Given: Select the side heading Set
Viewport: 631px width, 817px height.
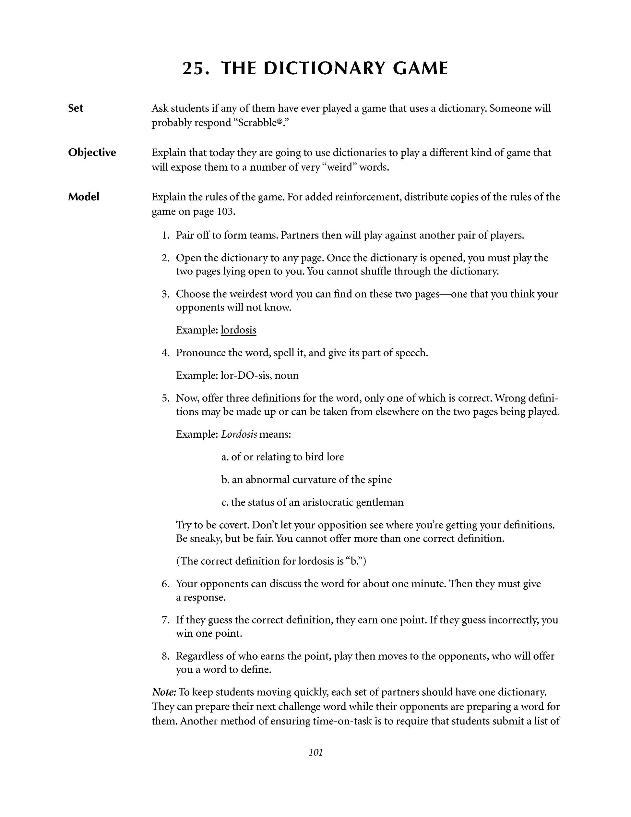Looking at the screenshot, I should [x=76, y=108].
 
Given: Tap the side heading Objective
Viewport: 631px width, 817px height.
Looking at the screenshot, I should [x=92, y=152].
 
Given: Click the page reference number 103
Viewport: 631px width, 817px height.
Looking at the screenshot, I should [x=225, y=212].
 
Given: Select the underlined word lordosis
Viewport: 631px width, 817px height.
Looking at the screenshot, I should [x=239, y=330].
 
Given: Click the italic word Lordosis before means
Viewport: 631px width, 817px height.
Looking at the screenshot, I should [x=239, y=434].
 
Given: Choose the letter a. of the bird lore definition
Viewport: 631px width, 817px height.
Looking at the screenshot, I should [x=225, y=457].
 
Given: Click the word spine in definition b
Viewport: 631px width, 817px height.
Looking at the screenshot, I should [x=379, y=480].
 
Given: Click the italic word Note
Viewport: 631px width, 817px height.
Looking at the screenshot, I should [x=164, y=692].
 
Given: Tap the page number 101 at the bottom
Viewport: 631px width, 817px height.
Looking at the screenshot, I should [x=316, y=752].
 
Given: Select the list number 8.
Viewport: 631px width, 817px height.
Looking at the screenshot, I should [x=166, y=656].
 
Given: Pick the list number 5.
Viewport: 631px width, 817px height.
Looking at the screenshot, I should [x=166, y=398].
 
